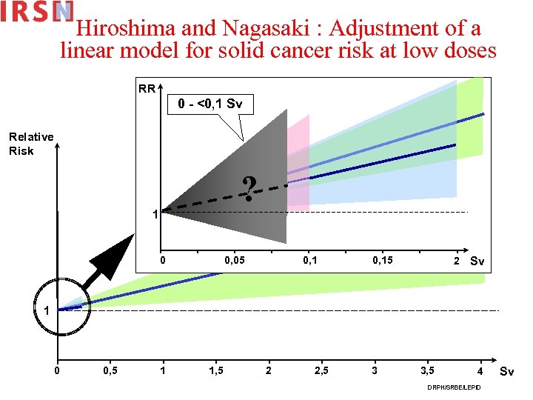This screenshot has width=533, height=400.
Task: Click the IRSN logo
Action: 37,13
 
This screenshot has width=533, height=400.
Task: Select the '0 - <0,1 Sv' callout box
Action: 210,104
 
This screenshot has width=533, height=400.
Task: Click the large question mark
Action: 251,190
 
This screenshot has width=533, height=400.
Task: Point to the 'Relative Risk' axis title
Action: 31,143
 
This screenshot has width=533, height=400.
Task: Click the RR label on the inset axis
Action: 147,89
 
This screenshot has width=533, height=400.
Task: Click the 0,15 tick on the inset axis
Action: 383,261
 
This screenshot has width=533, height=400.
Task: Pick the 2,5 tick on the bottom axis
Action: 321,370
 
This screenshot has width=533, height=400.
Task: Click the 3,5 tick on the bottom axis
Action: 428,370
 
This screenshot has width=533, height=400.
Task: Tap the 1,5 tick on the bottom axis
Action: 215,370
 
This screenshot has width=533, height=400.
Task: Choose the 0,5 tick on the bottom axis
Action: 110,370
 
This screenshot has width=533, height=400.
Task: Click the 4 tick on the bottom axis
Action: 480,370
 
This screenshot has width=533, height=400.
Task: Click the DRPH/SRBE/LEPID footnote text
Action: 453,387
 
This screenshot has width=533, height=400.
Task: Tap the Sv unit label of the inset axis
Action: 477,261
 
